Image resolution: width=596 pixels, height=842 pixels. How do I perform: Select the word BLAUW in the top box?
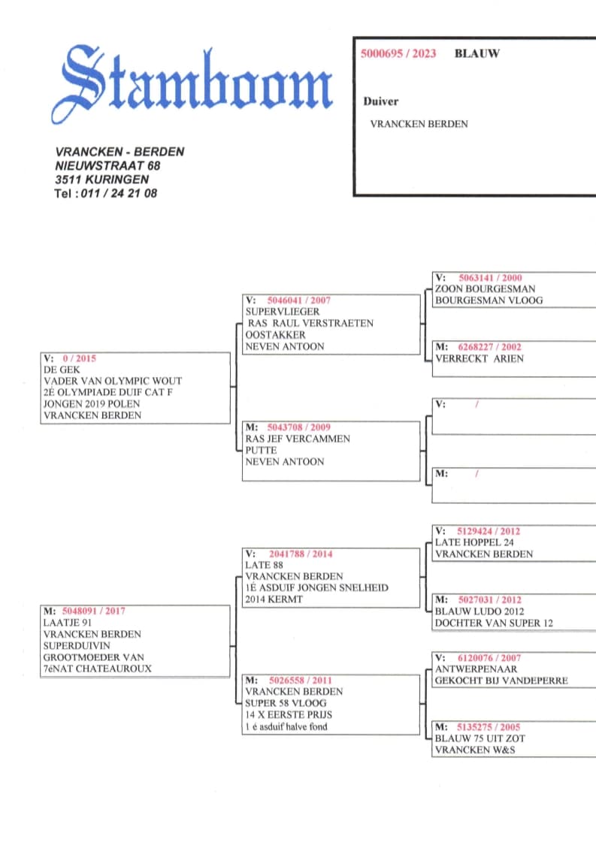pos(476,53)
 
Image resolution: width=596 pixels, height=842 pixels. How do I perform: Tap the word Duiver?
pos(381,101)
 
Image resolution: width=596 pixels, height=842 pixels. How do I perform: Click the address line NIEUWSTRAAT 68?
pos(107,165)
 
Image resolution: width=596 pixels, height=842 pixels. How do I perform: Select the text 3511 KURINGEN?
pos(101,179)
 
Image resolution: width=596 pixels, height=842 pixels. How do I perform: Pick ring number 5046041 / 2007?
pos(298,300)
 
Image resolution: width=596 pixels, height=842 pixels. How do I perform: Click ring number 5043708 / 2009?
pos(298,427)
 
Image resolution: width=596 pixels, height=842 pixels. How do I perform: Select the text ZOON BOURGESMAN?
pos(486,289)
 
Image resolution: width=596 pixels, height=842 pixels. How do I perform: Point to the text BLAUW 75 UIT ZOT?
pos(480,738)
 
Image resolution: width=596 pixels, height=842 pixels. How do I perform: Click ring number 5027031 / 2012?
pos(489,600)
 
